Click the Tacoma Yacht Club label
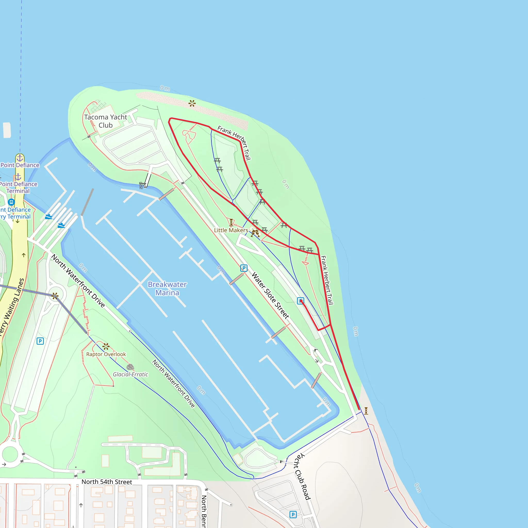[x=105, y=121]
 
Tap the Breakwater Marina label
[x=167, y=288]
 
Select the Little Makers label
[x=231, y=230]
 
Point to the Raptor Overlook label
[x=106, y=354]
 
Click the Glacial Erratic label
[x=131, y=374]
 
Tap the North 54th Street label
[x=106, y=482]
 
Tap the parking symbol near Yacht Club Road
[x=293, y=515]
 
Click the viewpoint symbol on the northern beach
[x=192, y=103]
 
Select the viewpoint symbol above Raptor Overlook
[x=106, y=346]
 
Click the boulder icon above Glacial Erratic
[x=130, y=367]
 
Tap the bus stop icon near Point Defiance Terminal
[x=11, y=202]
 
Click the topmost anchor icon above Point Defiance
[x=20, y=158]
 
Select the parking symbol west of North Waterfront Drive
[x=40, y=341]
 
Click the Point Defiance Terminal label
[x=18, y=187]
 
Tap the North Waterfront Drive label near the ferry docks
[x=78, y=281]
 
